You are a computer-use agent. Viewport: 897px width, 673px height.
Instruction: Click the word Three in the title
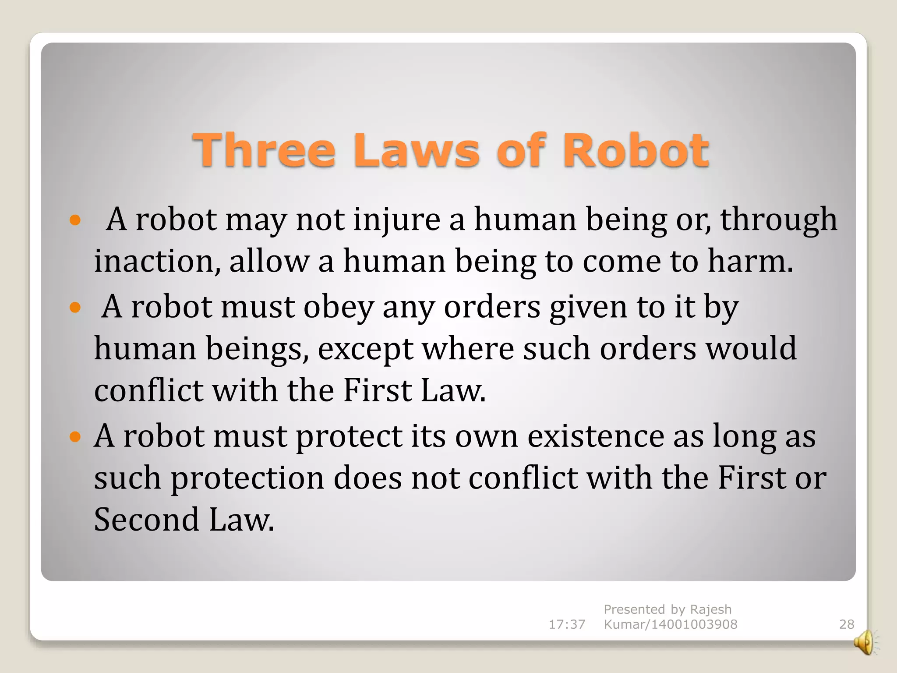(264, 150)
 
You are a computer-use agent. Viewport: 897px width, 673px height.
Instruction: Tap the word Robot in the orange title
(636, 150)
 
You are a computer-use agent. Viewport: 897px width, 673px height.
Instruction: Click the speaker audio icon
(865, 643)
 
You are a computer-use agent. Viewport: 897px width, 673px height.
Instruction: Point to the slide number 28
(846, 624)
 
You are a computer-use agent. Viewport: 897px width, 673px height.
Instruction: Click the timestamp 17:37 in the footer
(567, 624)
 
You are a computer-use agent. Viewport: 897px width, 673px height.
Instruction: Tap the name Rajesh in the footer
(710, 609)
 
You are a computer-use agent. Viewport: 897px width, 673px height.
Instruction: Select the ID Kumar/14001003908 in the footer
(670, 624)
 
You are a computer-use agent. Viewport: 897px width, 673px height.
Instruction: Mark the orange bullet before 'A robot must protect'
(75, 436)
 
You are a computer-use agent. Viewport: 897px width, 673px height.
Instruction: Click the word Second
(147, 520)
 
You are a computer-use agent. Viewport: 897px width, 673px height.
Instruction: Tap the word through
(778, 219)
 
